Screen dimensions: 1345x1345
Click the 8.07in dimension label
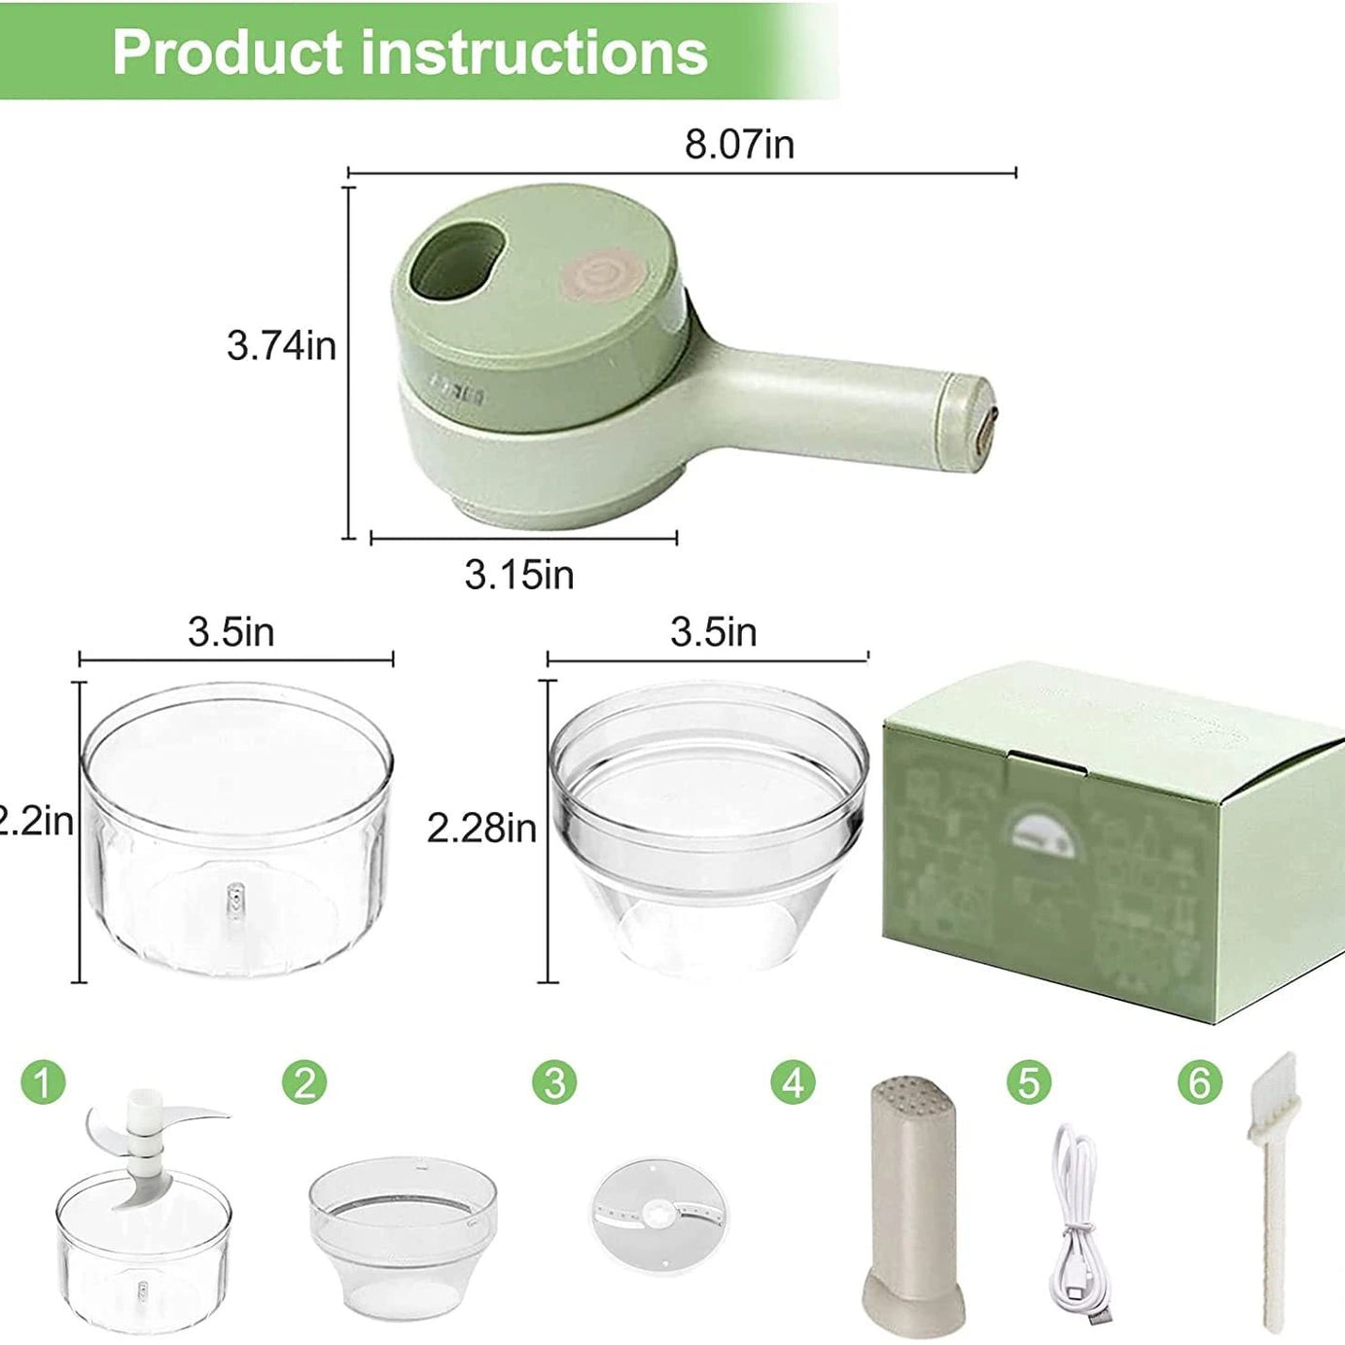[x=739, y=144]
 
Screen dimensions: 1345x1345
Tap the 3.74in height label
[x=281, y=345]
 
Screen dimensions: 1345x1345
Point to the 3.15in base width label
[x=518, y=575]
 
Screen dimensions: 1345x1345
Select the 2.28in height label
[x=481, y=828]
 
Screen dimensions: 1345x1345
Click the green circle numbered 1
[x=43, y=1081]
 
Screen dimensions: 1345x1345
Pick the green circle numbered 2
[x=304, y=1081]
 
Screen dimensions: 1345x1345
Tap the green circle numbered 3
[x=554, y=1081]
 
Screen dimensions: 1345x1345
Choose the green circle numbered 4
[x=794, y=1081]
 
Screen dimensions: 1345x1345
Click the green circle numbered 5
[x=1029, y=1081]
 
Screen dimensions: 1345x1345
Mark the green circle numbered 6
[x=1199, y=1081]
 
